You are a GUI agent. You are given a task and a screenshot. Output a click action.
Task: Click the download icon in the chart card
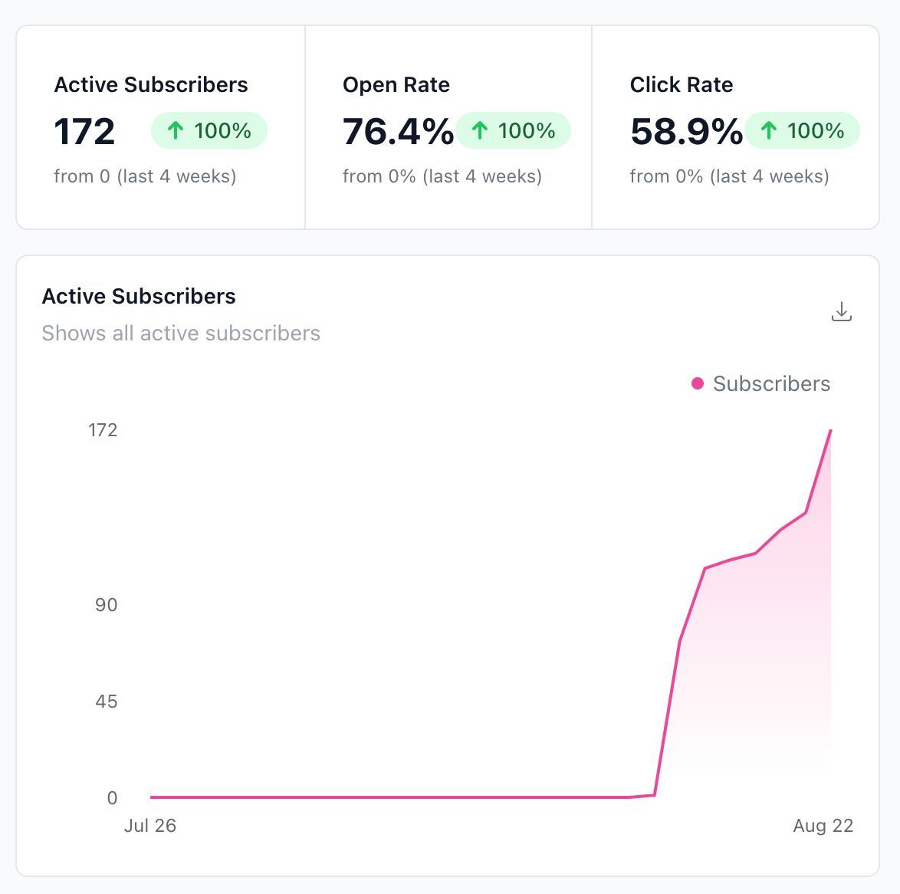(x=842, y=311)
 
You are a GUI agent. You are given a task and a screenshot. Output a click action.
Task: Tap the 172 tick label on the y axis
(x=103, y=430)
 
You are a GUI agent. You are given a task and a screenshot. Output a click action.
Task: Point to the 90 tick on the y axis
(x=107, y=605)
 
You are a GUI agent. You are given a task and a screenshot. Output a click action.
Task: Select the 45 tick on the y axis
(x=107, y=701)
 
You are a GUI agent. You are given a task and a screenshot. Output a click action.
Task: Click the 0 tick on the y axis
(x=112, y=797)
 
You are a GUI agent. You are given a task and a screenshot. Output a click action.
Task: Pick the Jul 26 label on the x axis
(x=149, y=826)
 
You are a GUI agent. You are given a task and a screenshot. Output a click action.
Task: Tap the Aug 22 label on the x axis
(x=823, y=826)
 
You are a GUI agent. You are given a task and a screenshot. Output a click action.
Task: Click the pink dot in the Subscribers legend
(x=698, y=383)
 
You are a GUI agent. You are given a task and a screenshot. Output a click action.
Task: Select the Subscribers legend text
(x=771, y=383)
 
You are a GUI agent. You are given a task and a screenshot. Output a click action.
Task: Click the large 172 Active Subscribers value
(x=84, y=131)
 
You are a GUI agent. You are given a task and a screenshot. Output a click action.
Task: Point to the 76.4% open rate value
(x=398, y=131)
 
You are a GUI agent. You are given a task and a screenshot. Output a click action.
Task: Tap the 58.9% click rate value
(x=686, y=131)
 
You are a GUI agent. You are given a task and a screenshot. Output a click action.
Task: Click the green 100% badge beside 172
(x=209, y=130)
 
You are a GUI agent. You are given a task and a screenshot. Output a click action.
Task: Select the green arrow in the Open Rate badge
(x=479, y=130)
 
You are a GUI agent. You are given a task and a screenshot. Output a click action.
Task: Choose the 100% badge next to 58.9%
(x=802, y=130)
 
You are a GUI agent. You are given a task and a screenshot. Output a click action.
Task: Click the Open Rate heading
(x=396, y=84)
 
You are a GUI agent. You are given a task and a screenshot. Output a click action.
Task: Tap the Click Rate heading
(x=682, y=84)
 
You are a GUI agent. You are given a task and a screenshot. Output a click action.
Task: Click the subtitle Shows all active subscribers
(x=181, y=333)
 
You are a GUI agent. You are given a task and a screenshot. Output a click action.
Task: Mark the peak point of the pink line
(x=830, y=430)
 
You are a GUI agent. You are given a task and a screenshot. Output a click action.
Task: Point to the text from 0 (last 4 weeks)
(x=145, y=176)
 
